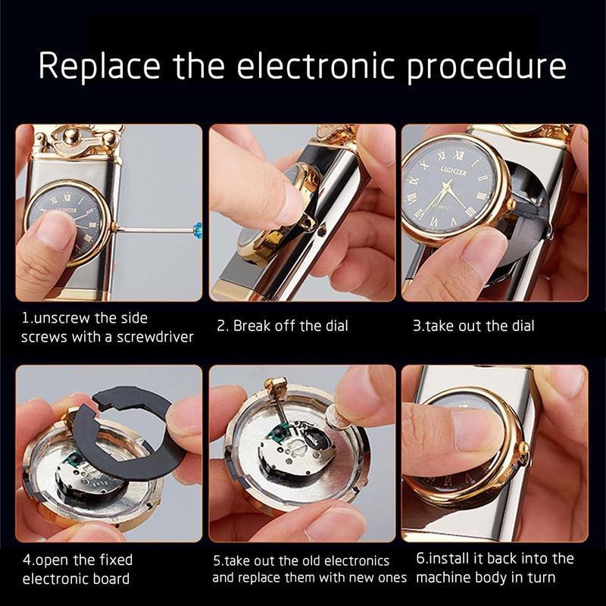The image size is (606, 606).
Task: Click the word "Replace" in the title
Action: [99, 66]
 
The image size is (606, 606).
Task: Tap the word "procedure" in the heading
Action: [486, 67]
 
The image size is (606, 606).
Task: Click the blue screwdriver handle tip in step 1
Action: [198, 229]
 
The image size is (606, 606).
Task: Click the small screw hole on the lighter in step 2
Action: [321, 231]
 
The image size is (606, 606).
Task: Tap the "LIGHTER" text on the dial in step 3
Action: [454, 172]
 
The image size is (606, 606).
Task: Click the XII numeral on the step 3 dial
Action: [459, 155]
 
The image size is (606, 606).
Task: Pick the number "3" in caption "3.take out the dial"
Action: [417, 326]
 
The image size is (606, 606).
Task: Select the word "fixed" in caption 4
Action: [116, 560]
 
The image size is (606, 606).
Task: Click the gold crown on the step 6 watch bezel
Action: [523, 448]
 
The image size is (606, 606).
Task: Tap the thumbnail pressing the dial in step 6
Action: [476, 430]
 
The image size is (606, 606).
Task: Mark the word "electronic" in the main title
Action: [316, 66]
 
